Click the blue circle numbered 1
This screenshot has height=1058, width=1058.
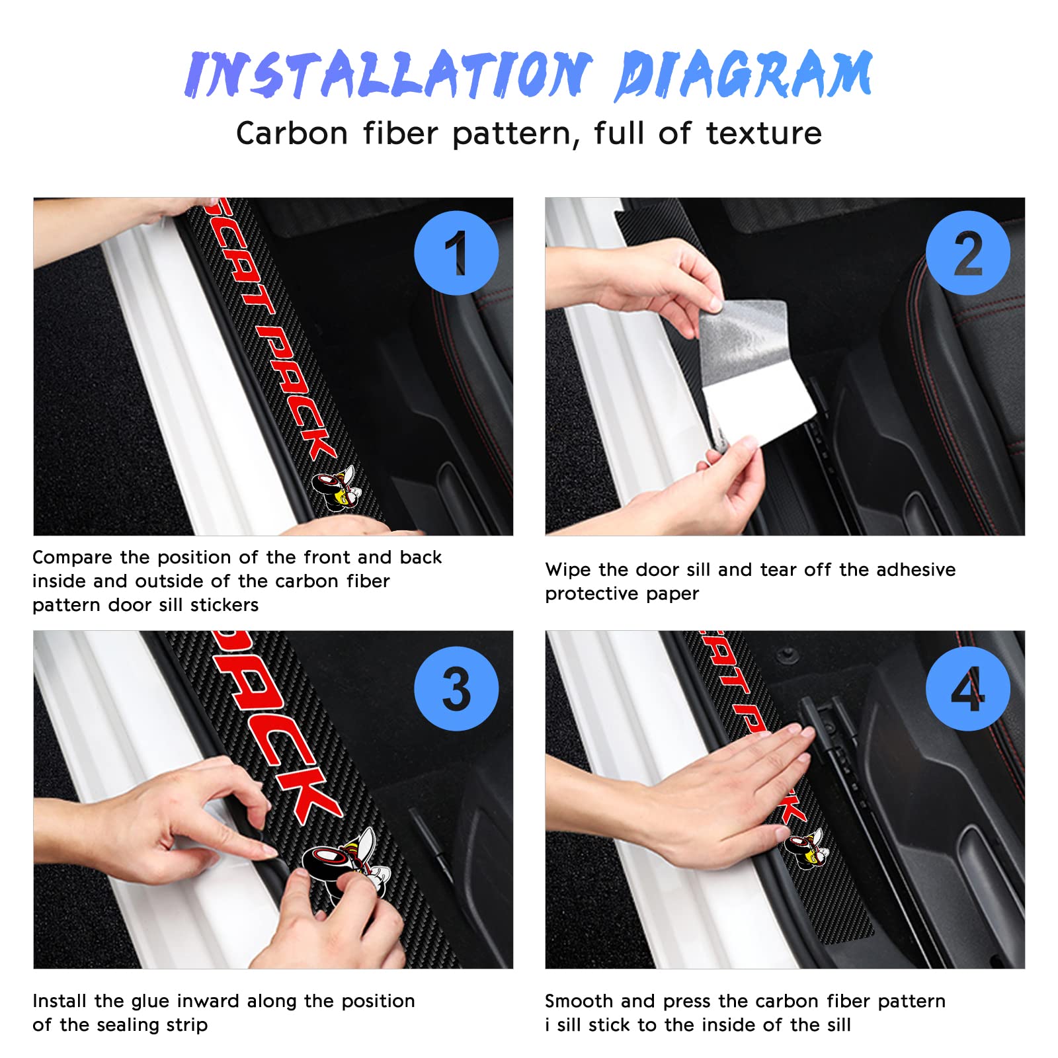point(456,253)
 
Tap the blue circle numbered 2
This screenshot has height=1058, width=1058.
point(968,253)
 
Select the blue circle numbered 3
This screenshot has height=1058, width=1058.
point(456,688)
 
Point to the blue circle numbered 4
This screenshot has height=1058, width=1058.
point(968,688)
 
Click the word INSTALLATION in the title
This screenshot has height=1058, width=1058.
point(389,74)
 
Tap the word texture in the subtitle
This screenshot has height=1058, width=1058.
point(764,134)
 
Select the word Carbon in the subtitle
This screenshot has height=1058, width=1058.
point(292,134)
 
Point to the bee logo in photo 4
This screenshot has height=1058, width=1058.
point(805,848)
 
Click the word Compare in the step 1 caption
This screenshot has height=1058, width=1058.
point(72,558)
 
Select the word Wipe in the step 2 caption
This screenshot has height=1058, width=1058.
point(567,570)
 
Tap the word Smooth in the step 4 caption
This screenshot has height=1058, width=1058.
point(579,1001)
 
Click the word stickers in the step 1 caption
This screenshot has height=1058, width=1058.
point(224,605)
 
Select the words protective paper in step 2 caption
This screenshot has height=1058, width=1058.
point(622,594)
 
